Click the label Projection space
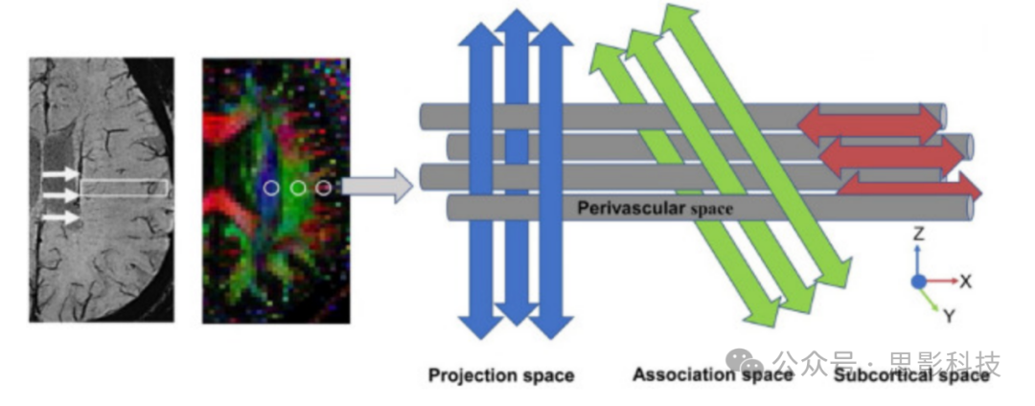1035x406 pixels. coord(500,375)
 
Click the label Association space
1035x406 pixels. coord(712,374)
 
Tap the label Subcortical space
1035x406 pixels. coord(910,375)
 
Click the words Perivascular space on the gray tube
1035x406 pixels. coord(655,207)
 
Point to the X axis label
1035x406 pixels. coord(965,282)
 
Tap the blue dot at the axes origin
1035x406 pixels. coord(918,282)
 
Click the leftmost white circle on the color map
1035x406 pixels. coord(271,188)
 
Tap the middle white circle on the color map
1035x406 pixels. coord(298,188)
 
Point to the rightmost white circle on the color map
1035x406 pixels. coord(323,187)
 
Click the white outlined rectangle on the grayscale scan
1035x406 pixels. coord(124,188)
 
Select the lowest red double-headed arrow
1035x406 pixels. coord(910,188)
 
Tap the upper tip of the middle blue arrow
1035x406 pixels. coord(517,17)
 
